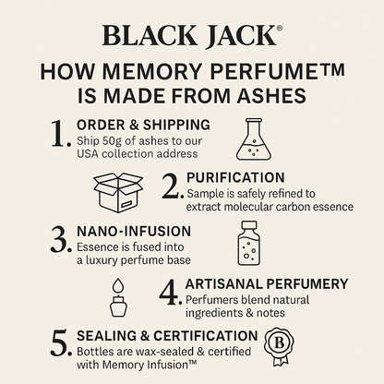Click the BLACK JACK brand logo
pos(192,36)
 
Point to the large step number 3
pos(61,239)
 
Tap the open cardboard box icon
pos(119,191)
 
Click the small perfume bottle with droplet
pos(117,295)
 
